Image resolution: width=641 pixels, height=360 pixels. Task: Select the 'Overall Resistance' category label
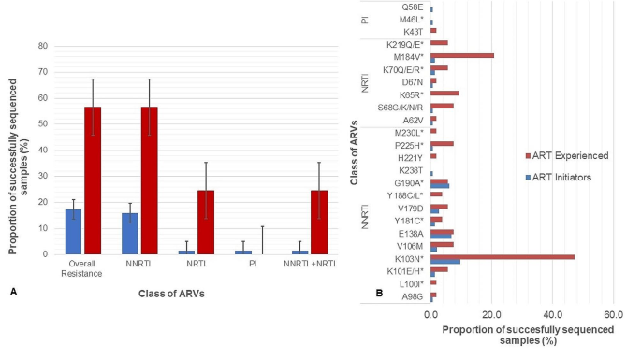tap(82, 268)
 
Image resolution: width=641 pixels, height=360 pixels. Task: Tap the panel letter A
tap(12, 292)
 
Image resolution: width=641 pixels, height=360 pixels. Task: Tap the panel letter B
tap(378, 292)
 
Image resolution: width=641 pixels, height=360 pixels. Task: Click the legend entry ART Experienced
tap(569, 155)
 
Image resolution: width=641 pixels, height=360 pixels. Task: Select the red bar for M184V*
tap(461, 56)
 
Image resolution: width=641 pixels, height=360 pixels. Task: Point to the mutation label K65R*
tap(410, 94)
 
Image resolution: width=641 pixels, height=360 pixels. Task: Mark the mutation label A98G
tap(412, 295)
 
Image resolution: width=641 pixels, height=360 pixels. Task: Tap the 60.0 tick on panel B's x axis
tap(613, 316)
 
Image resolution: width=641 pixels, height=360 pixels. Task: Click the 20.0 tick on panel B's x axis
tap(491, 316)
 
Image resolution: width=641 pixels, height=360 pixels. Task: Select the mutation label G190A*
tap(408, 182)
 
